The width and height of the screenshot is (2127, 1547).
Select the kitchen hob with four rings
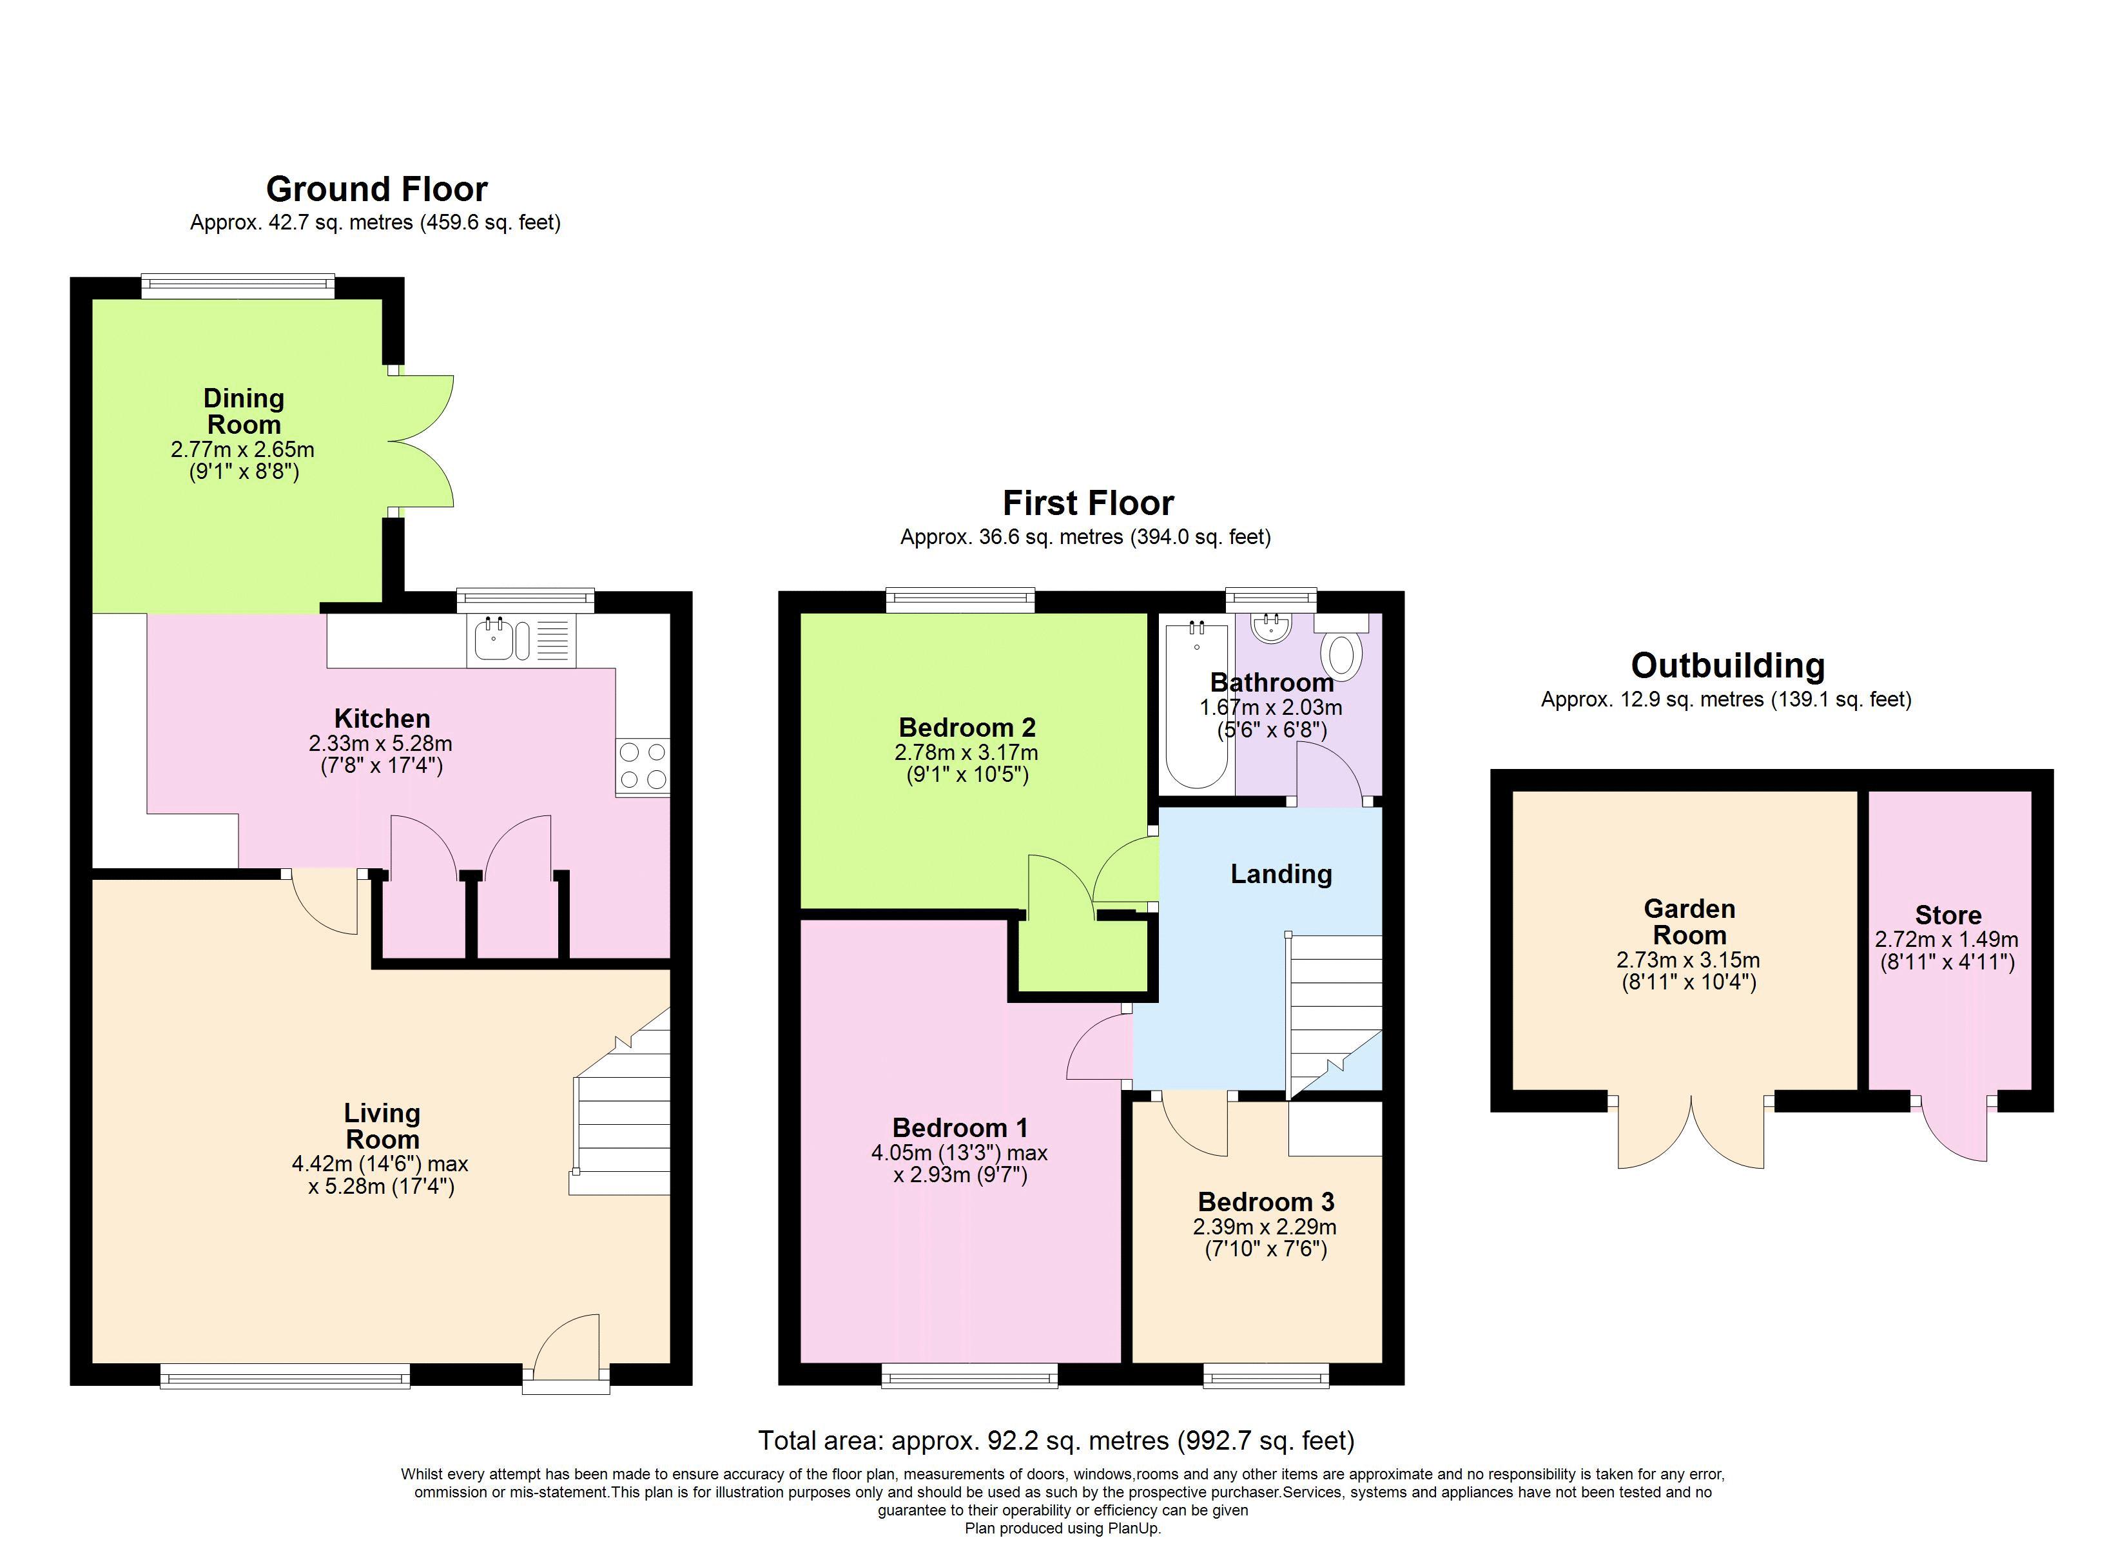tap(643, 766)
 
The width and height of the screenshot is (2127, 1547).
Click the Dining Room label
tap(244, 411)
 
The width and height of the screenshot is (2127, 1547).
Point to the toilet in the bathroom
tap(1342, 653)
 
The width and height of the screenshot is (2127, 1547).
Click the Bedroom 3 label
tap(1265, 1202)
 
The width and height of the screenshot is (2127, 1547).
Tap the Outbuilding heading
tap(1727, 666)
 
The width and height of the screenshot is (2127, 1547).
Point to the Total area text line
tap(1056, 1440)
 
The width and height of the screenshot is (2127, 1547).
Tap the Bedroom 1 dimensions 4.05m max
tap(958, 1152)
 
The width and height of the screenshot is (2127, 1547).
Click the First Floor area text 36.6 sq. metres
tap(1085, 538)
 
